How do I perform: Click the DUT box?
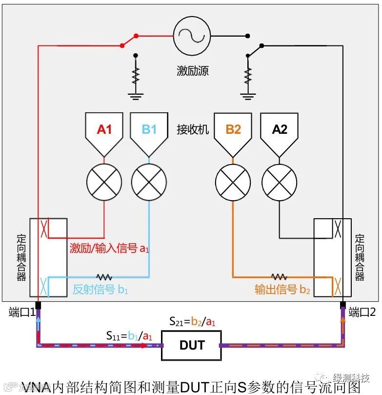191,345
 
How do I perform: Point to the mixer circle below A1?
104,182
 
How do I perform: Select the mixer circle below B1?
149,182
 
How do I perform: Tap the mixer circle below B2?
233,182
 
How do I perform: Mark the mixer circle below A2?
280,182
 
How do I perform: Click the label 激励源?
193,71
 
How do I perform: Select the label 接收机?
193,129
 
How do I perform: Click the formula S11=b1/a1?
129,335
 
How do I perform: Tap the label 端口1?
21,312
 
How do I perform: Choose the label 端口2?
362,312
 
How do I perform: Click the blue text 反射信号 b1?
101,289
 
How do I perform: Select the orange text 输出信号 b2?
282,289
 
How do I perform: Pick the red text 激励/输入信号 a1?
109,248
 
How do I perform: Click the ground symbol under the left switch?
136,94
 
